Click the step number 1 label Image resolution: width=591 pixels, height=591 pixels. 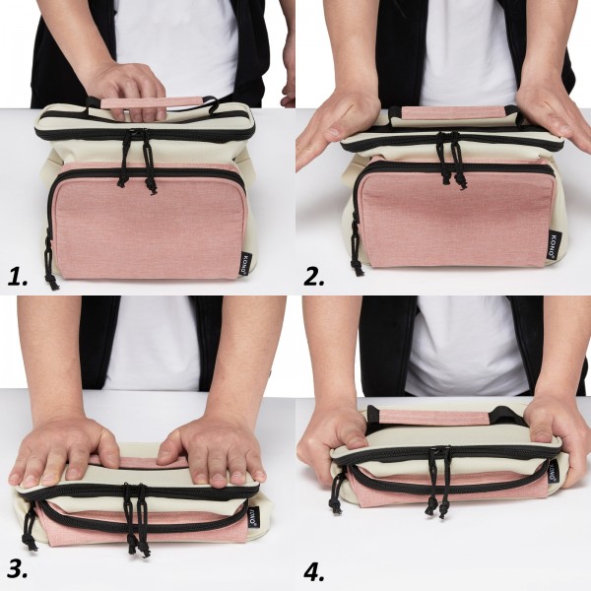click(x=21, y=277)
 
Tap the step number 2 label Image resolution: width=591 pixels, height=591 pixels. click(x=314, y=277)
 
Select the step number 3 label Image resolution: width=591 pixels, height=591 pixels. click(x=22, y=568)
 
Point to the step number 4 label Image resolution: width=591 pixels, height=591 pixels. click(x=315, y=570)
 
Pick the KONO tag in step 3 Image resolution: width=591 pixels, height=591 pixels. click(x=253, y=517)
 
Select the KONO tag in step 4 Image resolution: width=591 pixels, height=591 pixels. click(x=554, y=472)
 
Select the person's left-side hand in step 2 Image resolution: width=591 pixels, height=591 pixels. click(x=335, y=123)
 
